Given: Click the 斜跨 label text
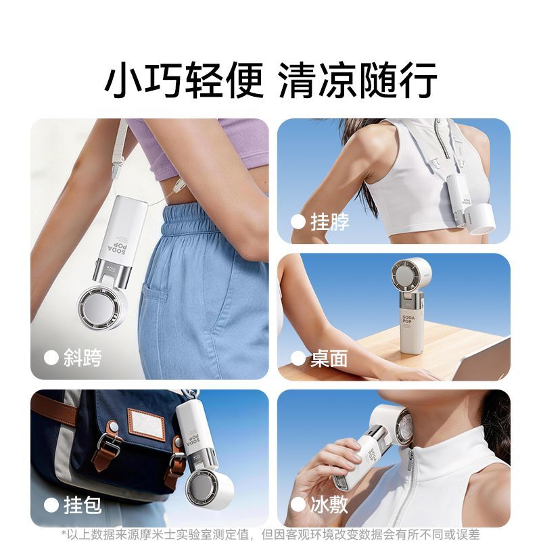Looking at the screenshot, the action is click(83, 358).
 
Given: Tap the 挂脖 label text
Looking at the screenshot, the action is click(329, 222).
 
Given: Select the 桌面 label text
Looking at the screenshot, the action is click(329, 359).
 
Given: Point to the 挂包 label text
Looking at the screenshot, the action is click(83, 505).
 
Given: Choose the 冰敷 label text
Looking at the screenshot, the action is click(329, 504).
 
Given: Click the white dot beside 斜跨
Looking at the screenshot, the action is click(51, 358).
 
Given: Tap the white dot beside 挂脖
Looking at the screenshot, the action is click(298, 222).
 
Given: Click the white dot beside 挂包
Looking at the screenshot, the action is click(51, 505).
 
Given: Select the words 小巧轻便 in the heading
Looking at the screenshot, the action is click(184, 80).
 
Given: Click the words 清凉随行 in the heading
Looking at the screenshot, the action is click(358, 80).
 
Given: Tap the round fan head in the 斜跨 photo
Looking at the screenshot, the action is click(101, 308).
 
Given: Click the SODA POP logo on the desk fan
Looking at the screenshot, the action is click(408, 319).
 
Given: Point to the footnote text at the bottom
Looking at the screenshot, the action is click(270, 534).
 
